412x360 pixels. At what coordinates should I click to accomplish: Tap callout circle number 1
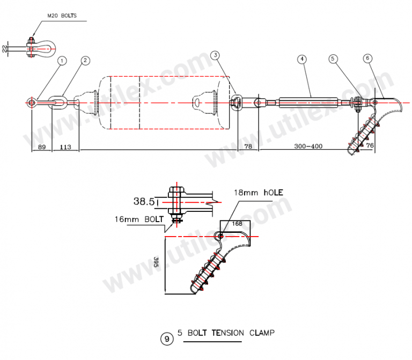[62, 61]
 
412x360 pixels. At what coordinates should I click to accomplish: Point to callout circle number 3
[215, 55]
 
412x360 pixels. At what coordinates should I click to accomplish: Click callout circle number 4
[303, 59]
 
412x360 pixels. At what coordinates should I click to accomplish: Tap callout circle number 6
[367, 57]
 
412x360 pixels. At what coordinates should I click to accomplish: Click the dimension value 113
[65, 146]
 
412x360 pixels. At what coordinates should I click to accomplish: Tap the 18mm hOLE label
[257, 193]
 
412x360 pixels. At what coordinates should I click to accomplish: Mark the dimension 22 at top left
[5, 49]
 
